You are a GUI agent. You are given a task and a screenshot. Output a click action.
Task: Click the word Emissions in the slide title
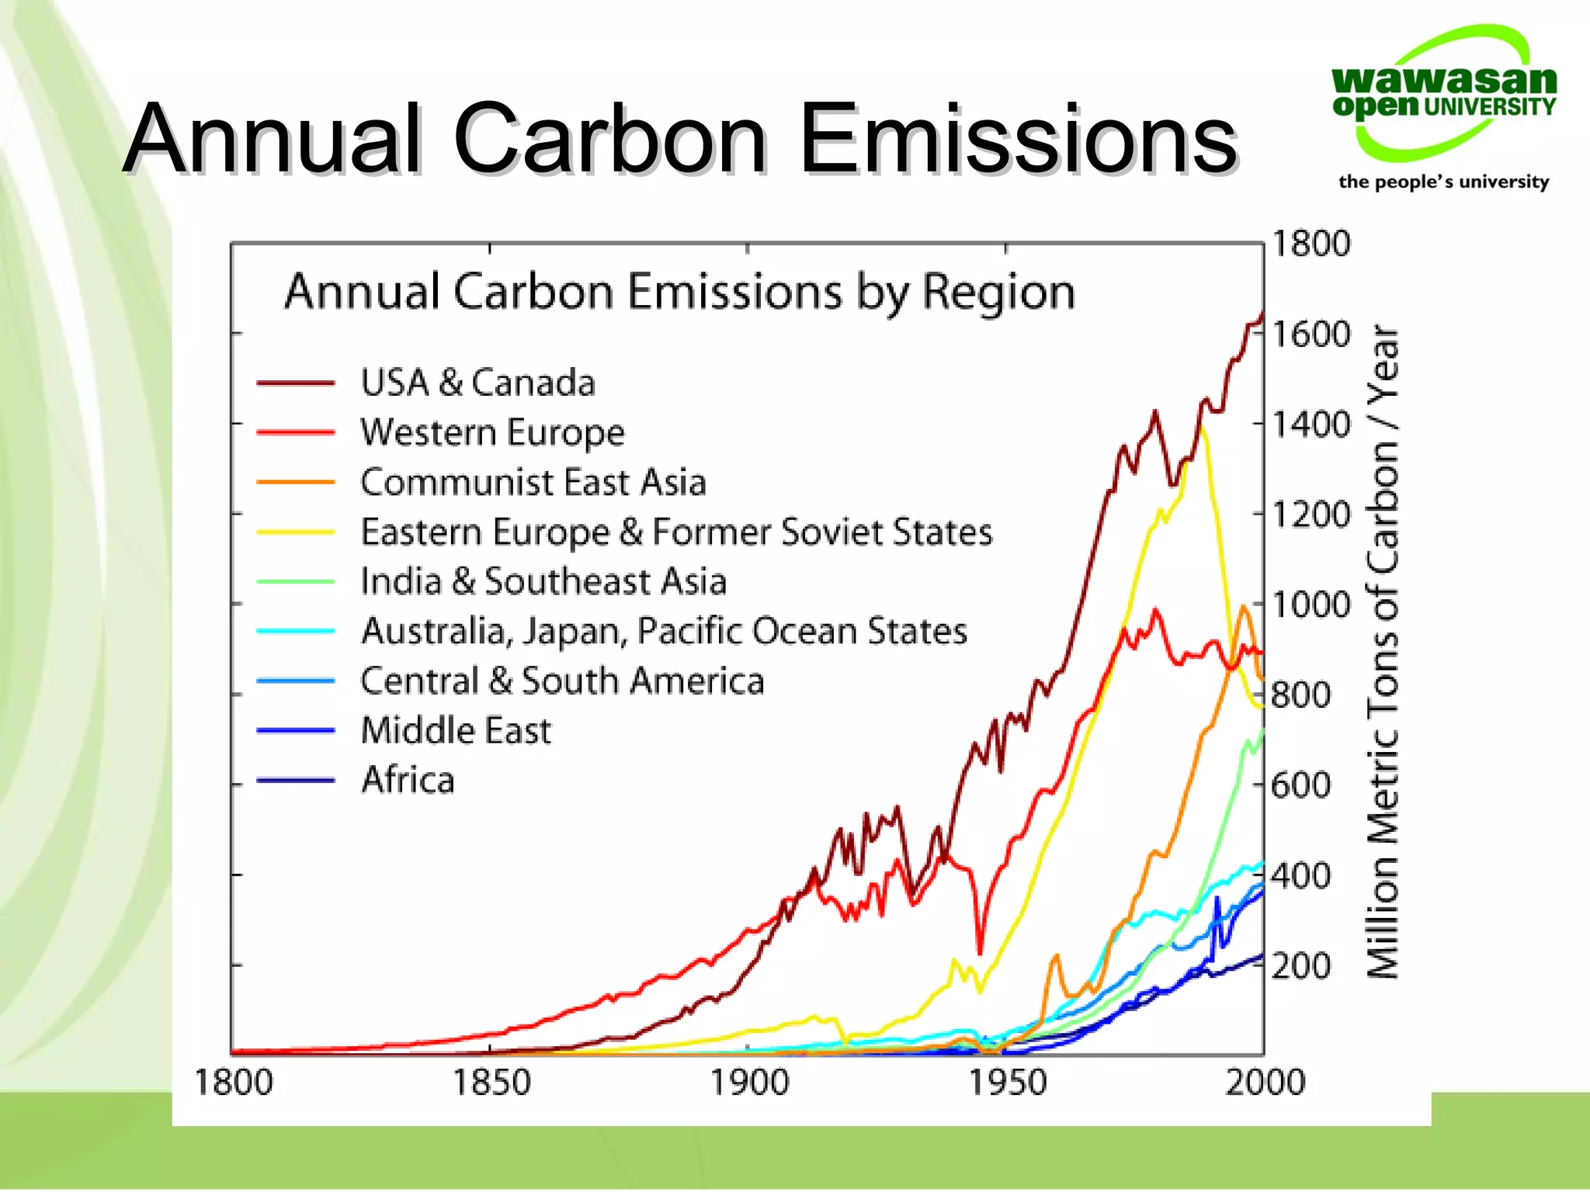[1017, 140]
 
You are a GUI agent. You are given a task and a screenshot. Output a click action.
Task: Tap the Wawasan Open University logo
[1444, 93]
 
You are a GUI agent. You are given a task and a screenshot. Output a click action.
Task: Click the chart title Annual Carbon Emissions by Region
[679, 293]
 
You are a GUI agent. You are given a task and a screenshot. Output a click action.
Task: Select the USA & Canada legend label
[477, 383]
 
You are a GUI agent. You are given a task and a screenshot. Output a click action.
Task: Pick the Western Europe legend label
[492, 432]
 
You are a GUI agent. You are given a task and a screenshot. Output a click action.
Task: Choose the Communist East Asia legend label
[533, 482]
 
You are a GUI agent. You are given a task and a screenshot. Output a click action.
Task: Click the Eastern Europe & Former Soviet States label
[676, 532]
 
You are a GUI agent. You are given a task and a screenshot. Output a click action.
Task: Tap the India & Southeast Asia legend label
[543, 581]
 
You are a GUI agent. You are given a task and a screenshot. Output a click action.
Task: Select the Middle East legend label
[456, 730]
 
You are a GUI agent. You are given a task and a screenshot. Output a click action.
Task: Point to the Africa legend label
[408, 780]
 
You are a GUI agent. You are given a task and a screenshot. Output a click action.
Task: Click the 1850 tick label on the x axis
[491, 1082]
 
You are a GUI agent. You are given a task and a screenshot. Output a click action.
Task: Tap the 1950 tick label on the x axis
[1007, 1082]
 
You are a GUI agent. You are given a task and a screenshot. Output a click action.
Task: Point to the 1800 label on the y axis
[1311, 244]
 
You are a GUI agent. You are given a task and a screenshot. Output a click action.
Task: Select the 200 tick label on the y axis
[1300, 966]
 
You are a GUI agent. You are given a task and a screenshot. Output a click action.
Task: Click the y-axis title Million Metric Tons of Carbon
[1383, 652]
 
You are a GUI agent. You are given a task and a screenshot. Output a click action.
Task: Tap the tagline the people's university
[1443, 182]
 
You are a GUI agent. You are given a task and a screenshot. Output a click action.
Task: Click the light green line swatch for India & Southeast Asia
[296, 581]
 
